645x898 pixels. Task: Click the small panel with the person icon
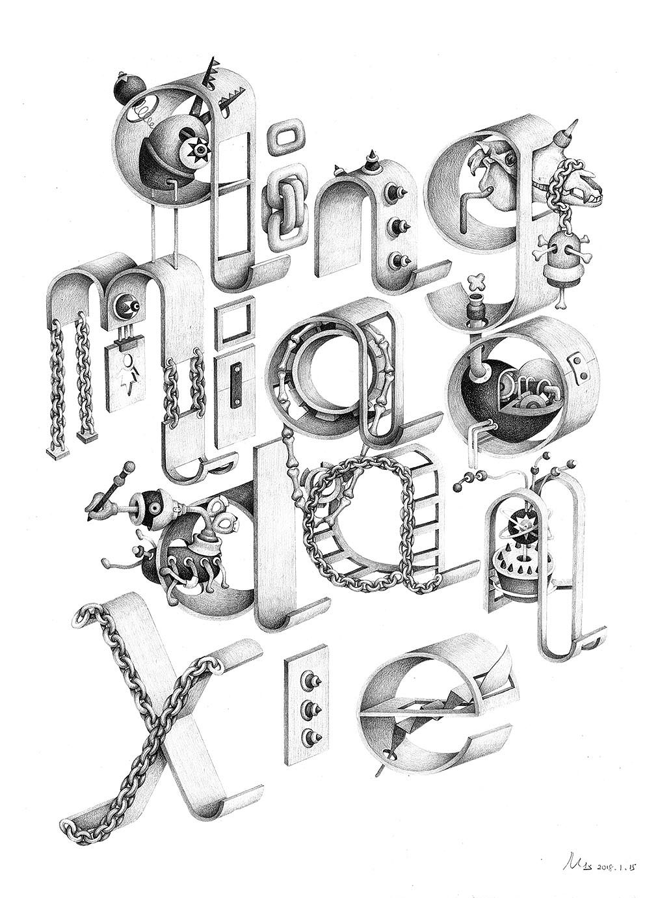[x=131, y=371]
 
